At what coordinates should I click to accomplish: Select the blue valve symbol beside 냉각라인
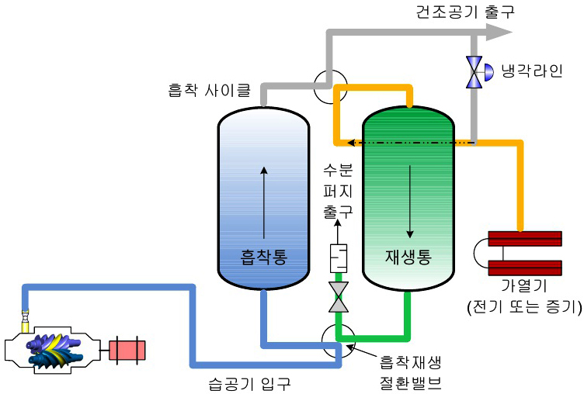pyautogui.click(x=474, y=71)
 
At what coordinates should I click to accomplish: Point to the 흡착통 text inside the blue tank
pyautogui.click(x=264, y=257)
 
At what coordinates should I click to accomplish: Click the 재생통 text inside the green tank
pyautogui.click(x=408, y=256)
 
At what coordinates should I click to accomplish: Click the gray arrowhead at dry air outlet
pyautogui.click(x=498, y=31)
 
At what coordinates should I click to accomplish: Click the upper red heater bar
pyautogui.click(x=525, y=237)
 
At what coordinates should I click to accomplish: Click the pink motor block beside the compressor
pyautogui.click(x=127, y=351)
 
